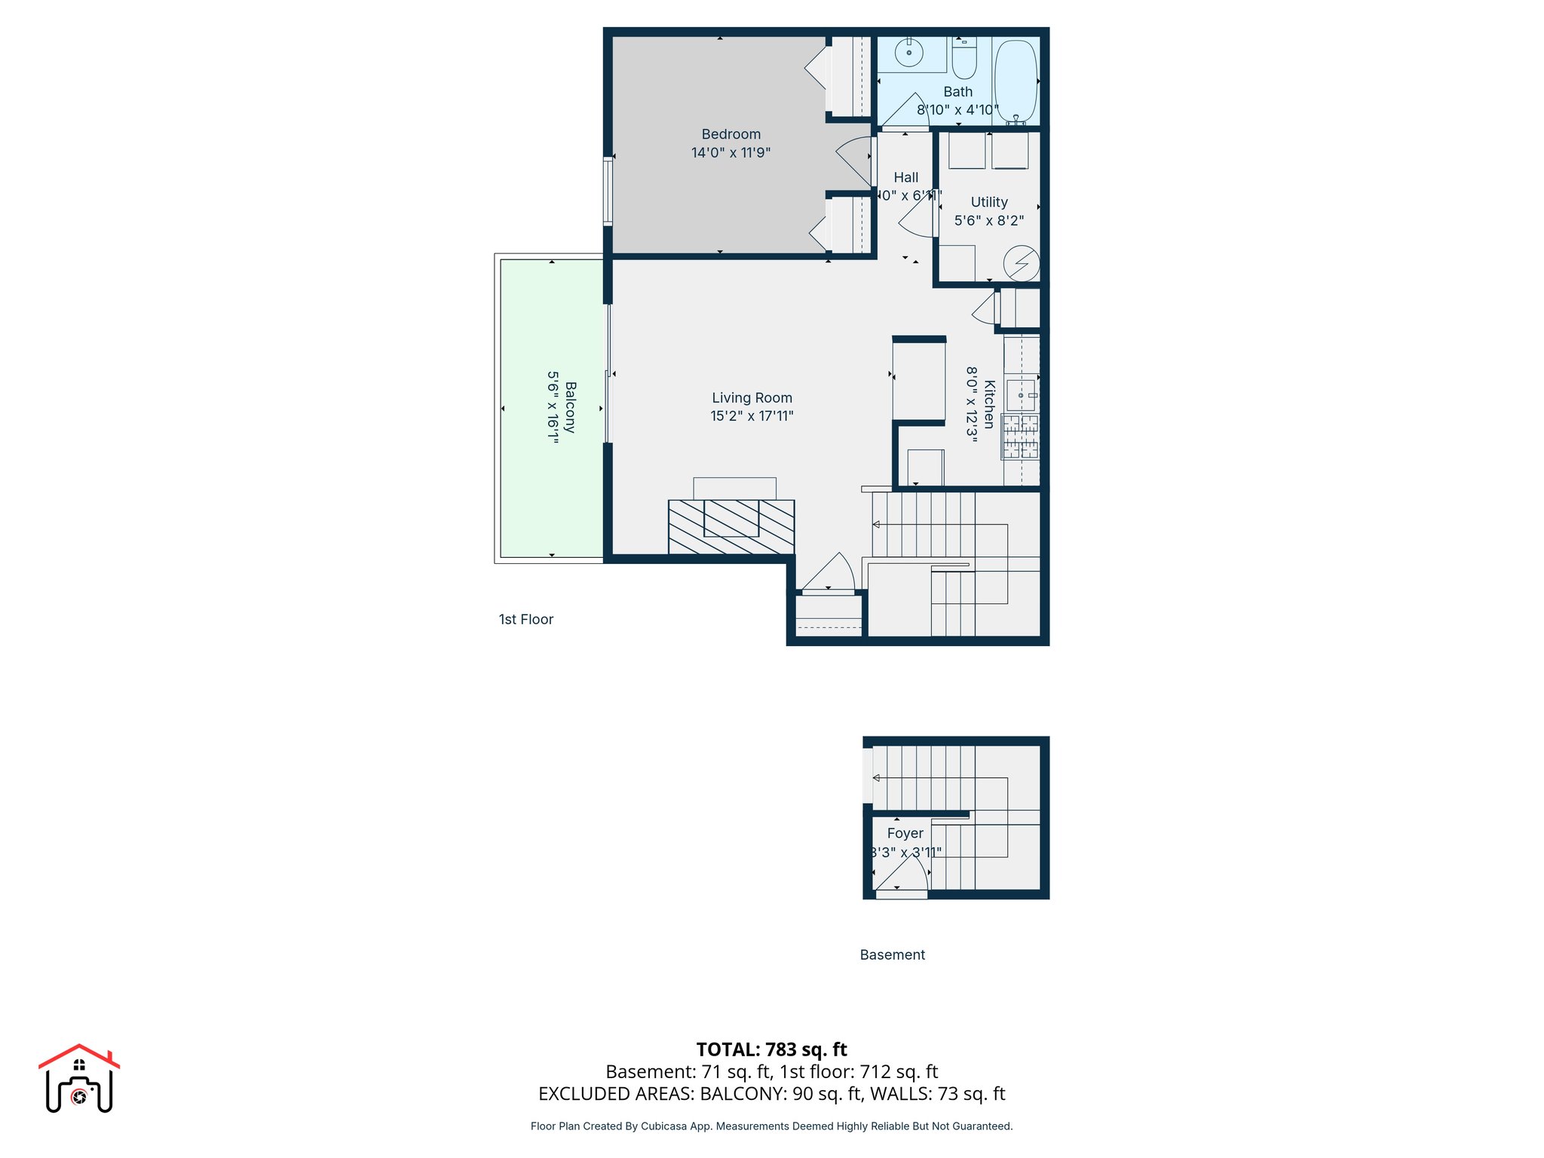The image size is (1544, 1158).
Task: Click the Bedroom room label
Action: coord(731,134)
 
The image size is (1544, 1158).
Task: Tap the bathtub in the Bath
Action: coord(1016,81)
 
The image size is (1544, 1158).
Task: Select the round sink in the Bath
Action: coord(909,53)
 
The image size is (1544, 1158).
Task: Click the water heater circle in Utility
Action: coord(1022,264)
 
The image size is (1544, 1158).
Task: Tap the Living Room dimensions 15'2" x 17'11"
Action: coord(752,416)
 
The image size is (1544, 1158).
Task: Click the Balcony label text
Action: coord(571,407)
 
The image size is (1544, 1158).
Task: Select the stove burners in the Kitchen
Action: coord(1020,437)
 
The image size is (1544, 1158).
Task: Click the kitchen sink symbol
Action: coord(1022,395)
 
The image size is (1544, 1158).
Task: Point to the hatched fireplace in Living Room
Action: coord(731,526)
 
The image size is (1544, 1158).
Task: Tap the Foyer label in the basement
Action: coord(905,833)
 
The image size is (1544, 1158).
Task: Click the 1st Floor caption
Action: coord(525,620)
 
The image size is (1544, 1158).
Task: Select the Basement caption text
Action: coord(892,955)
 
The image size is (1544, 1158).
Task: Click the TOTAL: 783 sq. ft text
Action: coord(771,1049)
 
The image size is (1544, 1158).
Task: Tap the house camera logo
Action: coord(79,1079)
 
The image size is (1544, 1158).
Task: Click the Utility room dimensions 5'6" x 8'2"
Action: coord(988,221)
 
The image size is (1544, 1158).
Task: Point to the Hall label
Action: coord(905,178)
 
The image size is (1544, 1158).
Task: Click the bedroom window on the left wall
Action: coord(608,191)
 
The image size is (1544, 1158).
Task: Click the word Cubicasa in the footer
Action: coord(663,1126)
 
